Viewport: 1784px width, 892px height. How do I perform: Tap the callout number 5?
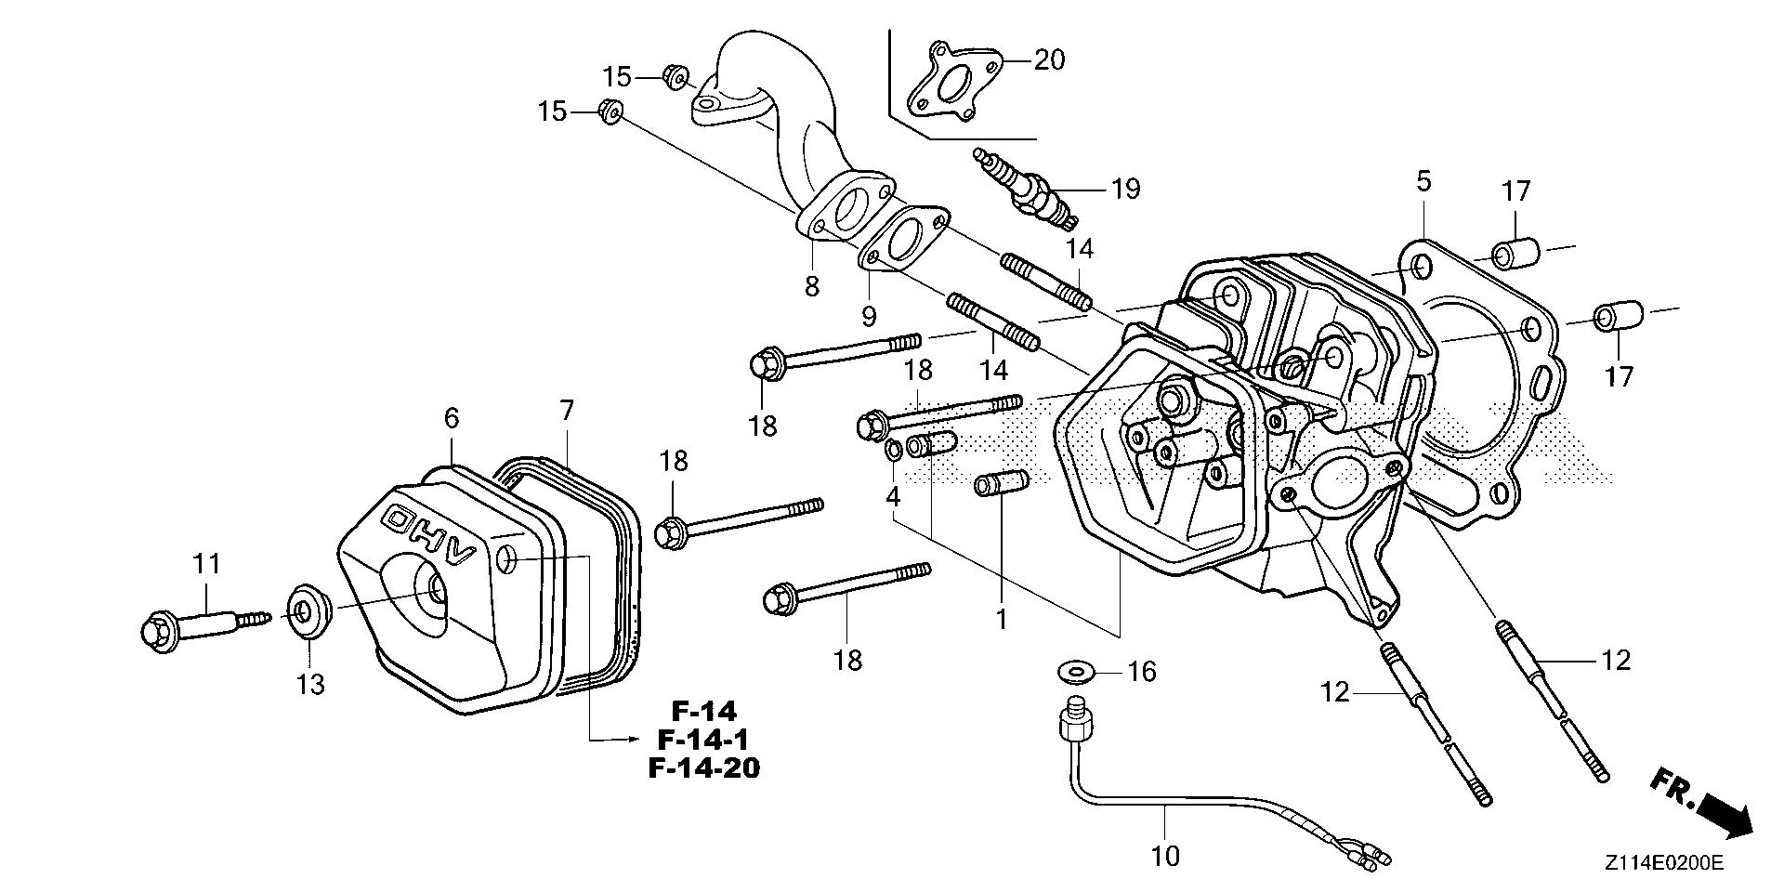tap(1423, 182)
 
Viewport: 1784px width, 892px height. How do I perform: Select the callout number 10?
tap(1164, 856)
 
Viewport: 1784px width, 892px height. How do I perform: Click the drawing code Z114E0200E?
tap(1663, 864)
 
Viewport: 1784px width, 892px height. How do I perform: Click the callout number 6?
tap(451, 418)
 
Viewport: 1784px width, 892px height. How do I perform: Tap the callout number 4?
tap(893, 497)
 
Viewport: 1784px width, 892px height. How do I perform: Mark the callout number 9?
tap(869, 317)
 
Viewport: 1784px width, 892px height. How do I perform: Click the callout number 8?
tap(812, 286)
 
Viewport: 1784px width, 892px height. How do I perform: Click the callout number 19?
tap(1125, 190)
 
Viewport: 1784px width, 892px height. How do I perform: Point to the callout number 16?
tap(1141, 671)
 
